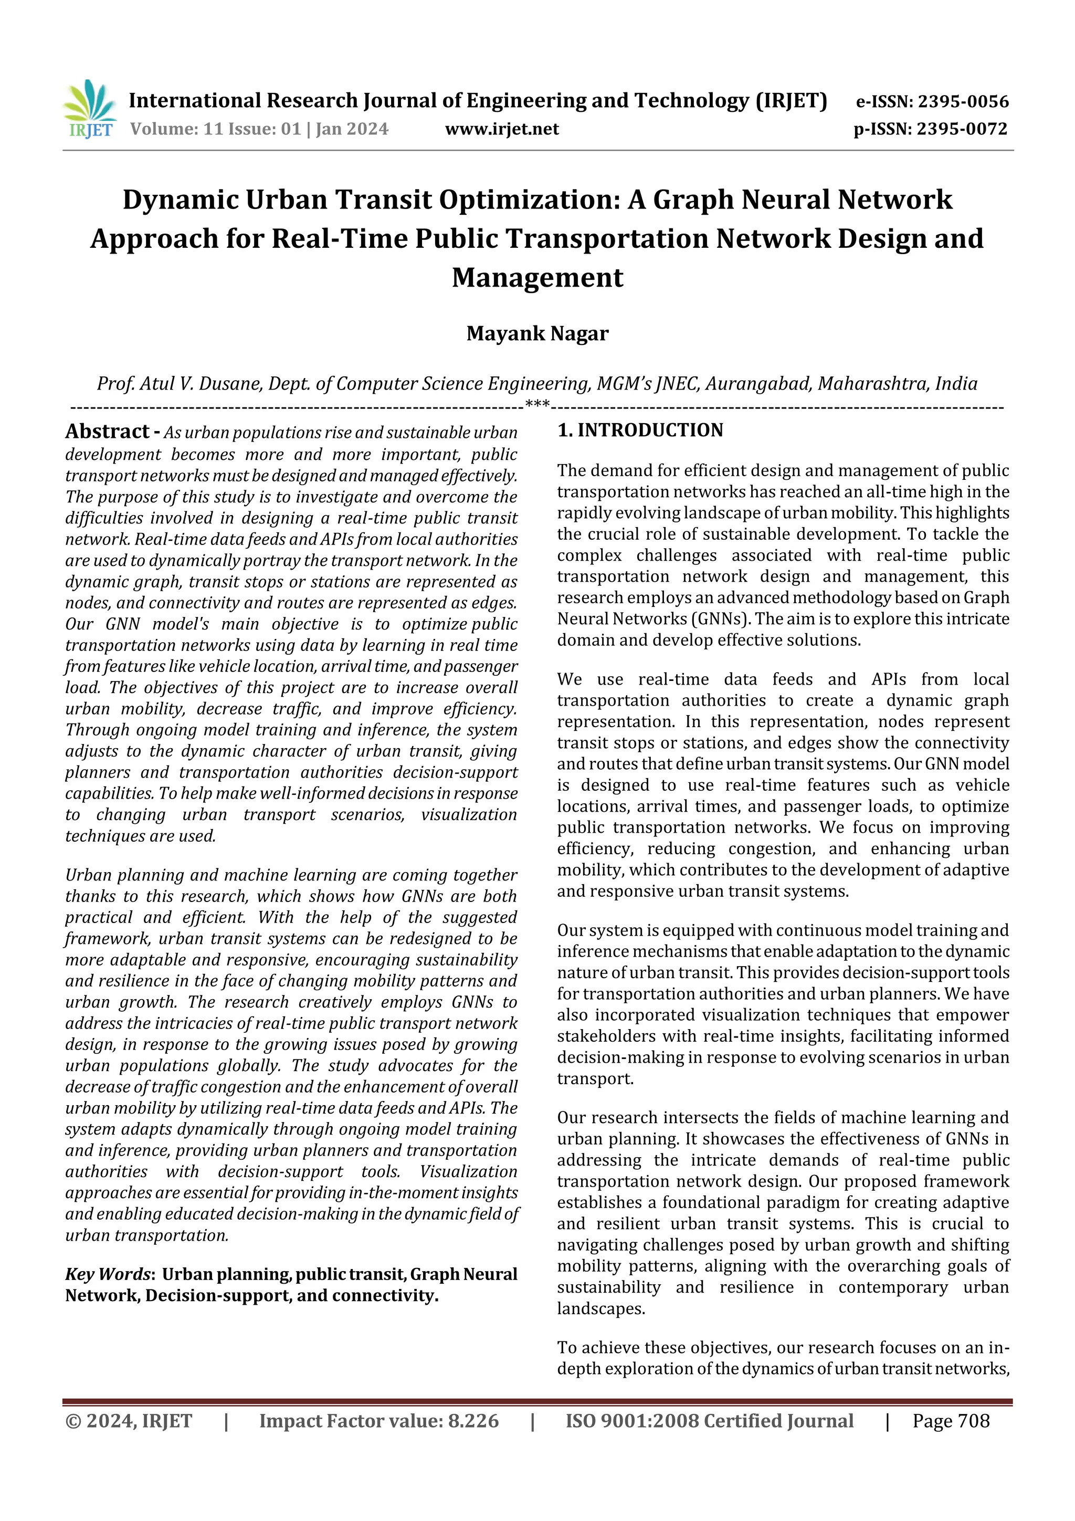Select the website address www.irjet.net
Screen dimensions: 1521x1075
[x=501, y=129]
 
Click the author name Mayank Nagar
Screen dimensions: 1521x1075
[x=537, y=333]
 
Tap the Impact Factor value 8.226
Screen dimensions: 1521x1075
[x=473, y=1421]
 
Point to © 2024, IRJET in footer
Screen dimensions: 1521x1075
[x=129, y=1421]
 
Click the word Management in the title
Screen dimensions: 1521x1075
[x=537, y=278]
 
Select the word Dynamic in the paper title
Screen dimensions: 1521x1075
[x=180, y=200]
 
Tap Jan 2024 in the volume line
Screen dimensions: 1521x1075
[x=352, y=129]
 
